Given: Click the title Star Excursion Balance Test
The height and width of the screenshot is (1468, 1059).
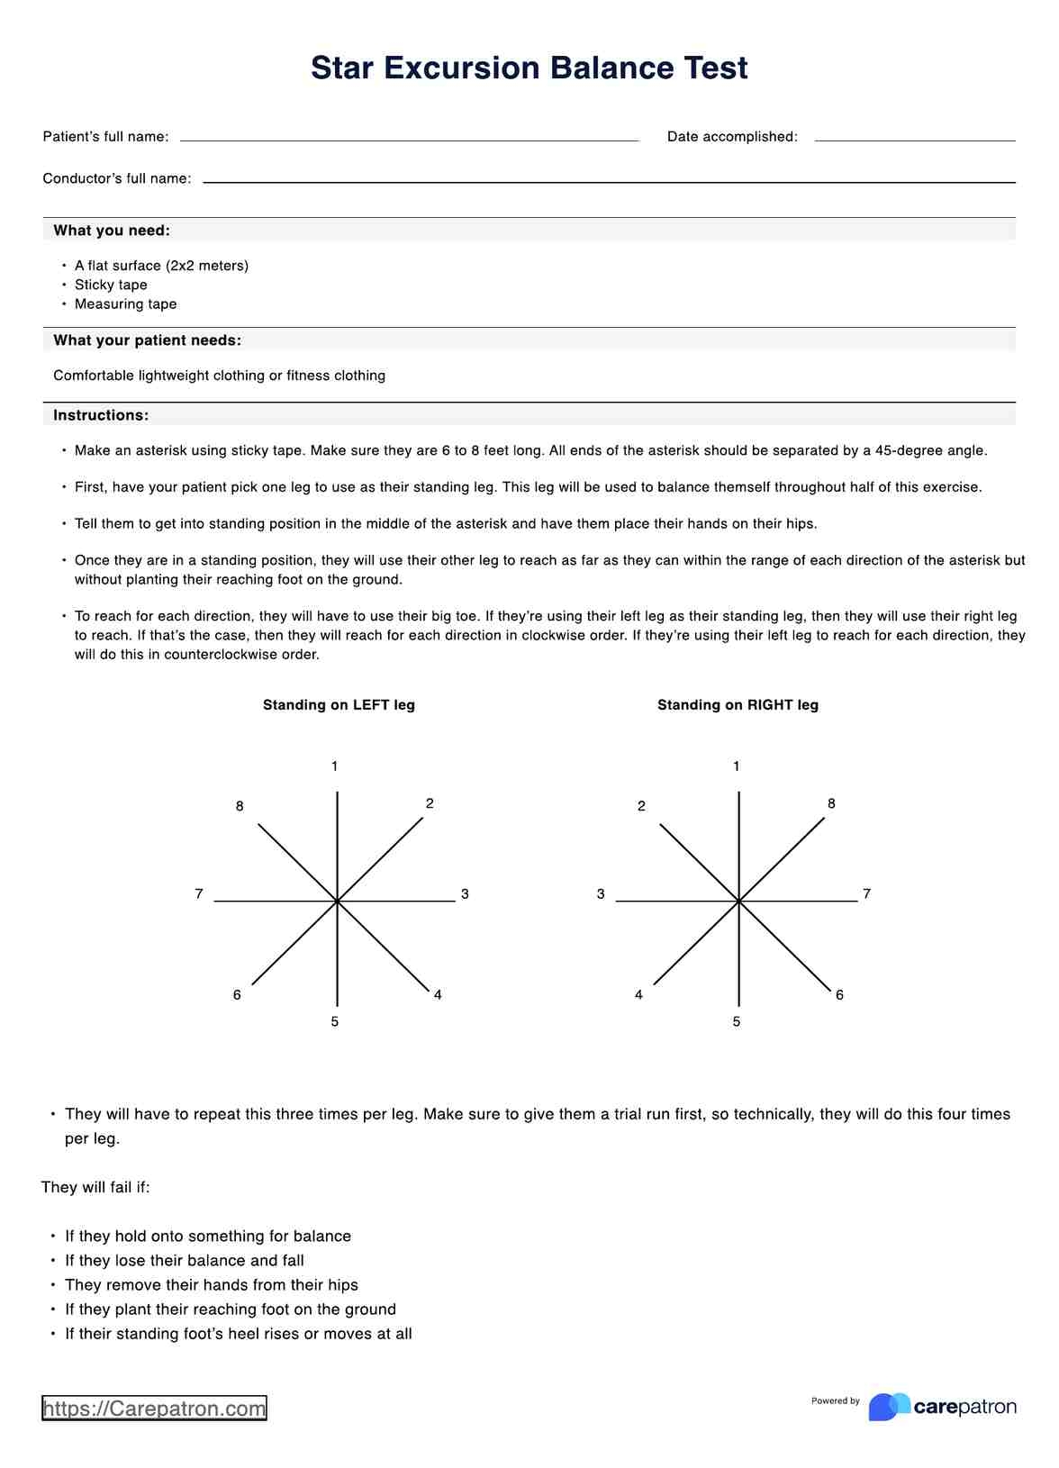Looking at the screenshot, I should pos(529,68).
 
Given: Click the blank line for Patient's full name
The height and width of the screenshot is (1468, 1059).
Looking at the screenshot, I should pos(409,138).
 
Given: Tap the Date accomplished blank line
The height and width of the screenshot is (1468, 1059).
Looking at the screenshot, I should pos(914,138).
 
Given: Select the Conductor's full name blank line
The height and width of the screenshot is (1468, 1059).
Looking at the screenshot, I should pos(609,179).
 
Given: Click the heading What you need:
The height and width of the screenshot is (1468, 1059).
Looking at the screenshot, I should pos(112,231).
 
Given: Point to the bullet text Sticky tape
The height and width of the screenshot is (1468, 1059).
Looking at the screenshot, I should pos(111,285).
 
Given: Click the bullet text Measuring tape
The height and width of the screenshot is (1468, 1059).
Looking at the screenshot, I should pos(125,304).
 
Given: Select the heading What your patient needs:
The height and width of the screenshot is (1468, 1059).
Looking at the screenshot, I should pos(147,340).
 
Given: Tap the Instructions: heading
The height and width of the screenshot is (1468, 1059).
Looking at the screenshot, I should pos(101,415).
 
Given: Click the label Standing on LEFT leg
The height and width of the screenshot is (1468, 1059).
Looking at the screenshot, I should pos(339,705).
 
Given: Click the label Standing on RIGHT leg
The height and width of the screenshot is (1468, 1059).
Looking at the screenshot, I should pos(738,705).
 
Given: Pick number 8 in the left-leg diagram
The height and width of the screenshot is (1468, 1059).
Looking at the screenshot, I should pos(240,806).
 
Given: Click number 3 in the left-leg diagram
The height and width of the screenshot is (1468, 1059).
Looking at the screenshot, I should pos(465,894).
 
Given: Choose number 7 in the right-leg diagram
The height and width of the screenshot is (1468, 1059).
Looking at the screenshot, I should pos(866,894).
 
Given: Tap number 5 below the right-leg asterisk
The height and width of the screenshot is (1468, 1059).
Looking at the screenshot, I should pos(737,1022).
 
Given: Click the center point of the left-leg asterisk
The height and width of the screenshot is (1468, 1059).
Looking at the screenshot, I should pos(337,901).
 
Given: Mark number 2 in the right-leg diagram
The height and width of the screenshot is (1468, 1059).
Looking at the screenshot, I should pos(641,806).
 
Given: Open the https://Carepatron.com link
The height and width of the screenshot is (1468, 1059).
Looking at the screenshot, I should pos(154,1409).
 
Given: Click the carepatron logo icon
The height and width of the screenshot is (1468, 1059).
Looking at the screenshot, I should pos(889,1407).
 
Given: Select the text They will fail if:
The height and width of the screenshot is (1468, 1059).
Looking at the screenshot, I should pos(95,1187).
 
